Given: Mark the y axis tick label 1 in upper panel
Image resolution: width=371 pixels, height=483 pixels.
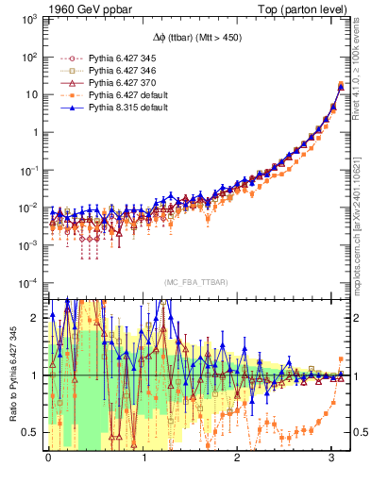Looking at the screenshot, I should [x=34, y=132].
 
